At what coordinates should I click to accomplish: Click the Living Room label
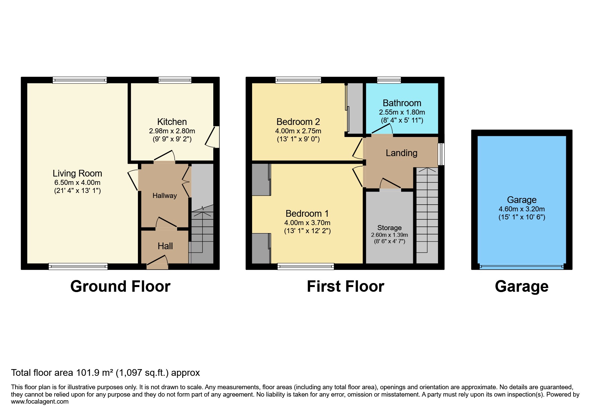coord(77,173)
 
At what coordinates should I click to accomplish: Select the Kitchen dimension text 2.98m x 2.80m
coord(172,131)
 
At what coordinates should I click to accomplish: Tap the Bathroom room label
coord(402,103)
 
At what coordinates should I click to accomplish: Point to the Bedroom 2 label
coord(298,122)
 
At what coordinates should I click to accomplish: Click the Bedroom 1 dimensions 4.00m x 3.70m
coord(307,223)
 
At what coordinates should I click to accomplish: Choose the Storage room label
coord(389,228)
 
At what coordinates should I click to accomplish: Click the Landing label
coord(401,153)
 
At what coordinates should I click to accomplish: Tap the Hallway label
coord(164,196)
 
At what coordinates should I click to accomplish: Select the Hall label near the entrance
coord(165,246)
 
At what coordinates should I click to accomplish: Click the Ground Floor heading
coord(120,286)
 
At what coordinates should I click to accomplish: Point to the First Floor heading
coord(345,286)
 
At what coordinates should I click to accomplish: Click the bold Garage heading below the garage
coord(521,286)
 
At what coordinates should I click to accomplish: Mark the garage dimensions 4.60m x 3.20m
coord(521,209)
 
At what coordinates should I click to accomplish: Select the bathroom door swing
coord(382,130)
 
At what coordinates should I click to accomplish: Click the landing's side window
coord(441,154)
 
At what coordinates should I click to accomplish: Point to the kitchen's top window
coord(175,80)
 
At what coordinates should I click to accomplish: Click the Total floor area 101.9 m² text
coord(105,373)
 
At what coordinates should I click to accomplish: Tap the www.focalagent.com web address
coord(40,402)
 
